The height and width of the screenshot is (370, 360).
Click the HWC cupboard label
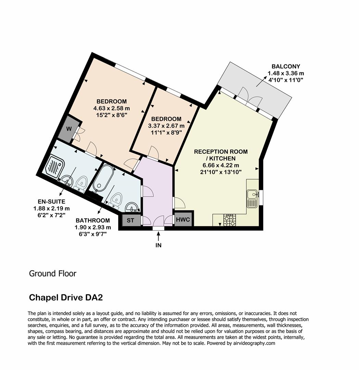[x=183, y=220]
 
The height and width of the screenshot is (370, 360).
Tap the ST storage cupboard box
[x=130, y=220]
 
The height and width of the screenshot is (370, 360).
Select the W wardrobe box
[x=69, y=129]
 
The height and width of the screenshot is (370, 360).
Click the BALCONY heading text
[x=286, y=66]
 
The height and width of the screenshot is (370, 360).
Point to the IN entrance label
[x=158, y=245]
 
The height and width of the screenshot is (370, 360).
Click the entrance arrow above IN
[x=158, y=236]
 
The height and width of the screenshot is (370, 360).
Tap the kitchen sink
[x=252, y=198]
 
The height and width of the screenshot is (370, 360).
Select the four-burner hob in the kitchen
[x=230, y=220]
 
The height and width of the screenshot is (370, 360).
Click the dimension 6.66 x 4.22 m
[x=221, y=165]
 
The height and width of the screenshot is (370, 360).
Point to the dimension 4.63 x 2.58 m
[x=111, y=108]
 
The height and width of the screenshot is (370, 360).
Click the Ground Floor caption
[x=52, y=273]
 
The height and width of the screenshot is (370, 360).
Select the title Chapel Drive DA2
[x=66, y=297]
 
